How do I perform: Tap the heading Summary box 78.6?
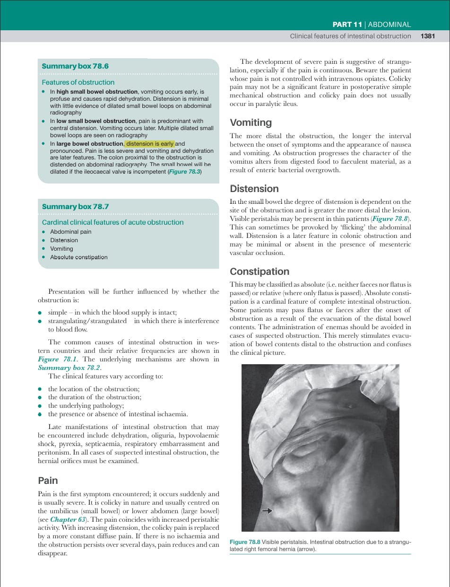[75, 66]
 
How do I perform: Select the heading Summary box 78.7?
[75, 207]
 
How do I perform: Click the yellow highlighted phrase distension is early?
[150, 144]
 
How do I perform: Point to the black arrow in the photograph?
[268, 511]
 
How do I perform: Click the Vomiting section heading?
[251, 123]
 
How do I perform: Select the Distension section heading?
[254, 189]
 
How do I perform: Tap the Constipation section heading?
[259, 272]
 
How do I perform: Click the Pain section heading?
[48, 481]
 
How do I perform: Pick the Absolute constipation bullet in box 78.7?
[78, 257]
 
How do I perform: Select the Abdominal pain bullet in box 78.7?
[70, 232]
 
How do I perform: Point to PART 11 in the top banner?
[348, 25]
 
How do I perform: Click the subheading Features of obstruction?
[78, 82]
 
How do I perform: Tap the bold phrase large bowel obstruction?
[90, 144]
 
